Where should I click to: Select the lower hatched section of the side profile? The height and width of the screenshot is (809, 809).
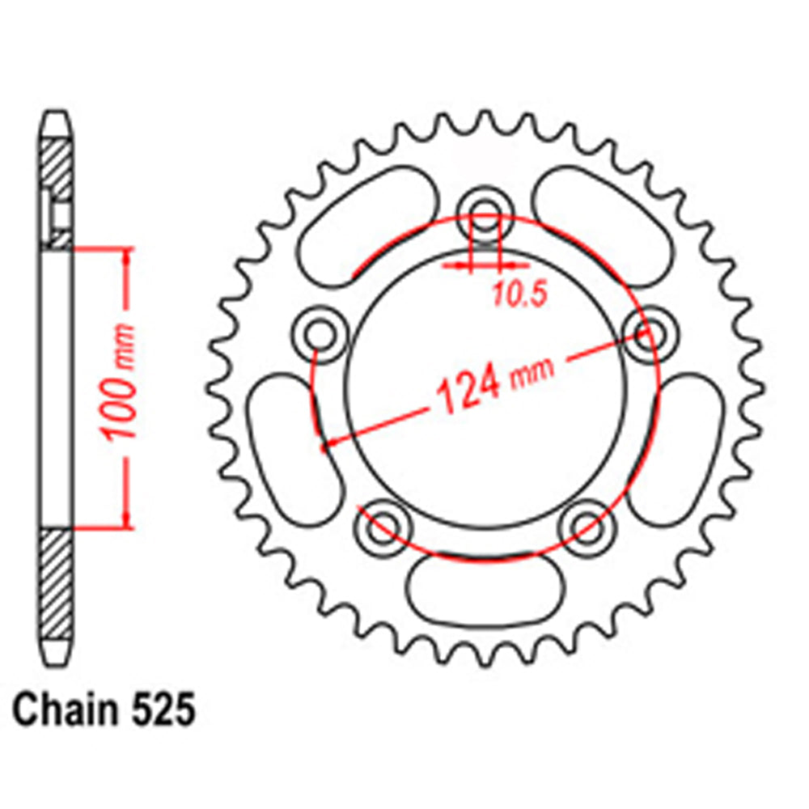point(56,582)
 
